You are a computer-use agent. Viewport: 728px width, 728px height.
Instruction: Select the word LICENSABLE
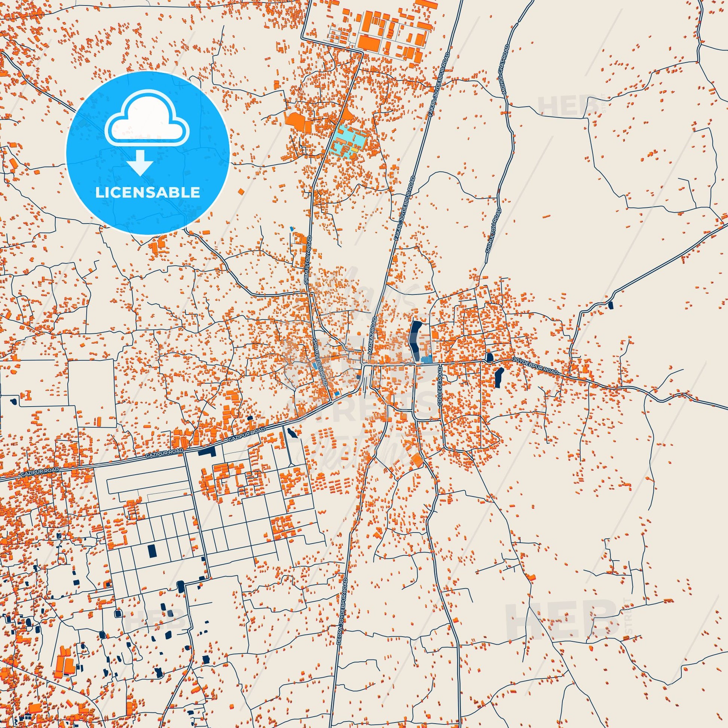point(147,193)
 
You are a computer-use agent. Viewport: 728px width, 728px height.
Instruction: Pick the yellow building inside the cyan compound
point(355,150)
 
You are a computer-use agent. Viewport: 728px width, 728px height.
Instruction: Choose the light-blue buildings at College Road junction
point(426,360)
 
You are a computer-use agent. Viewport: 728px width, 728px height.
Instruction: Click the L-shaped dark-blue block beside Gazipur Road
point(207,452)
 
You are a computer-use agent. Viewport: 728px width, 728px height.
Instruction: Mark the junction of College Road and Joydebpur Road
point(440,364)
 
